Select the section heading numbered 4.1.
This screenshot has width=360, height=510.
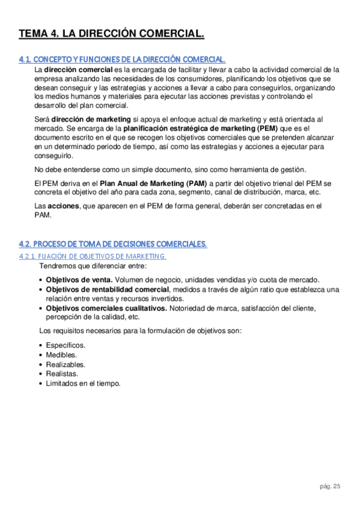pos(122,60)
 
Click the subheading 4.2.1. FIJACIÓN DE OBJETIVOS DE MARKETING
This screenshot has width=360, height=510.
pos(93,256)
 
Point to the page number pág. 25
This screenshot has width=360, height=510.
pos(330,487)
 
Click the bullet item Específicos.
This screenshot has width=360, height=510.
pos(66,345)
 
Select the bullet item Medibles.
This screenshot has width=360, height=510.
pos(62,355)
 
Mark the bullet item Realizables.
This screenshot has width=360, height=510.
pos(66,364)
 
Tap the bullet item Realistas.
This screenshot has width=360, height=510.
pos(62,374)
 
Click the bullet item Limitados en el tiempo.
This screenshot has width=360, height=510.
pos(84,383)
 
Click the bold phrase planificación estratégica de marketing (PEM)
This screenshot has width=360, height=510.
pos(197,129)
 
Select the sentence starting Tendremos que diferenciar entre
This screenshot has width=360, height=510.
pos(93,266)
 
